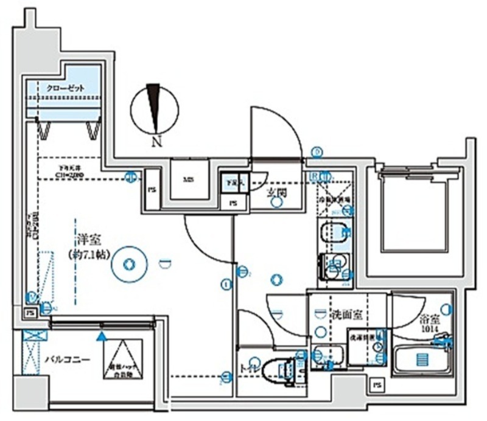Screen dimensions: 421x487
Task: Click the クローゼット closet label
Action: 65,88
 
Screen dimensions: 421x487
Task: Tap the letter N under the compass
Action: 156,144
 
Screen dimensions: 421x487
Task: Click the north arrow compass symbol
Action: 155,108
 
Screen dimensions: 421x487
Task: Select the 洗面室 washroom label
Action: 347,315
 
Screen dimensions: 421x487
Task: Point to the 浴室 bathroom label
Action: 429,318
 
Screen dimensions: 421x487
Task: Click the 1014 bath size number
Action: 429,329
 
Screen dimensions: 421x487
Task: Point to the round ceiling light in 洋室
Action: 128,264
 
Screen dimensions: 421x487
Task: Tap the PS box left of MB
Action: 151,190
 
